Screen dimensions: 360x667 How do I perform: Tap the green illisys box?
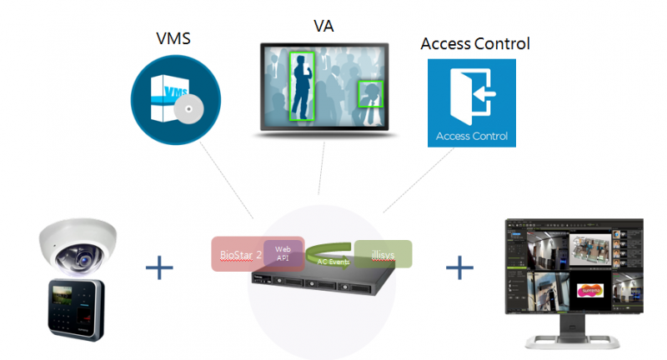click(x=383, y=254)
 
